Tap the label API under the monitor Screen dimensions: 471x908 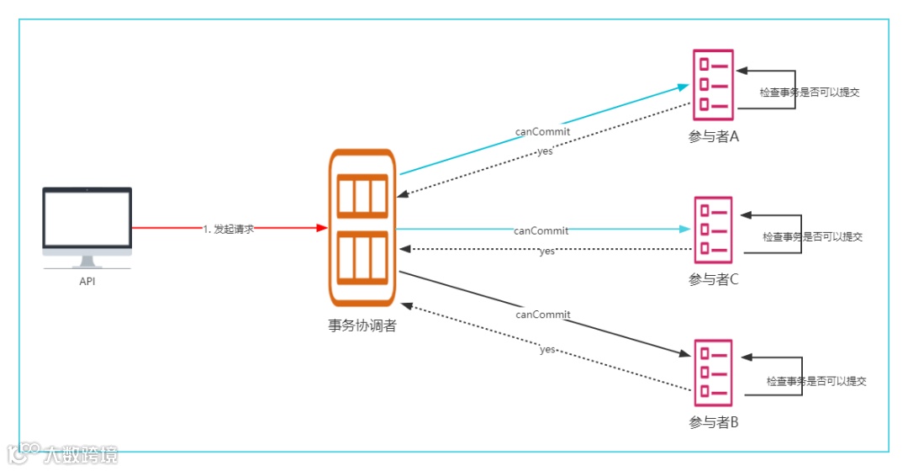[x=87, y=282]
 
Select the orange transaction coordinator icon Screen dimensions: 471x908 [x=362, y=229]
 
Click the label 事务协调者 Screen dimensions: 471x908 [x=362, y=325]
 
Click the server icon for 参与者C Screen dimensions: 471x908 [x=713, y=227]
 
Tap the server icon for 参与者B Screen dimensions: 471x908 [x=713, y=370]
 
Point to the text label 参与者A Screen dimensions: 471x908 [x=713, y=137]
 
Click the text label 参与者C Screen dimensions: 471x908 [x=713, y=280]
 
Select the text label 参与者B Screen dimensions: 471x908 [x=713, y=422]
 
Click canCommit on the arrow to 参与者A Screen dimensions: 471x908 [x=542, y=132]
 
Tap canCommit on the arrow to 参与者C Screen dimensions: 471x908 [x=541, y=230]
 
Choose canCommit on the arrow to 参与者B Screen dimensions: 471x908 [x=542, y=315]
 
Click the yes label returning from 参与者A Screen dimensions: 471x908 [x=545, y=151]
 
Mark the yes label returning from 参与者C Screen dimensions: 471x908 [x=546, y=251]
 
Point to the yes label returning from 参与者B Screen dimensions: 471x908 [x=547, y=349]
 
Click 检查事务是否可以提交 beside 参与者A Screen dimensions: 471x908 [x=810, y=93]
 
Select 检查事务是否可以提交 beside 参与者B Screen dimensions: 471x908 [x=816, y=381]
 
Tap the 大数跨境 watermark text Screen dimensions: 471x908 [x=82, y=454]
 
